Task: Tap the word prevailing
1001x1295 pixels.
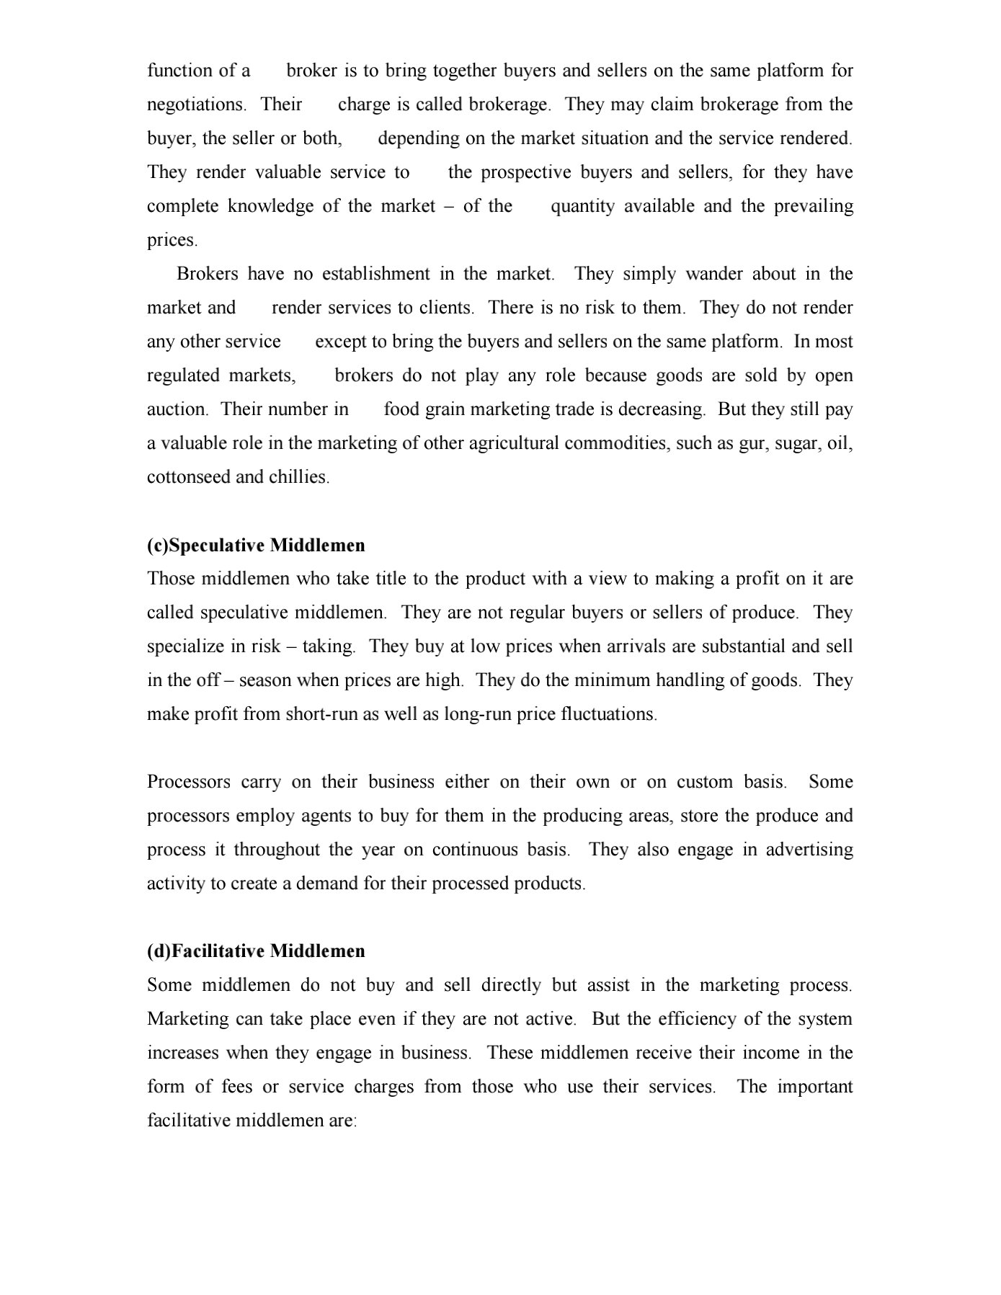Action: pos(814,206)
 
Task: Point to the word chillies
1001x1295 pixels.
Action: pos(299,477)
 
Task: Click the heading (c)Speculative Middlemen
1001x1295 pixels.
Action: pos(256,545)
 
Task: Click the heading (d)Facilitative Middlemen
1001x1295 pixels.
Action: pos(256,951)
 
